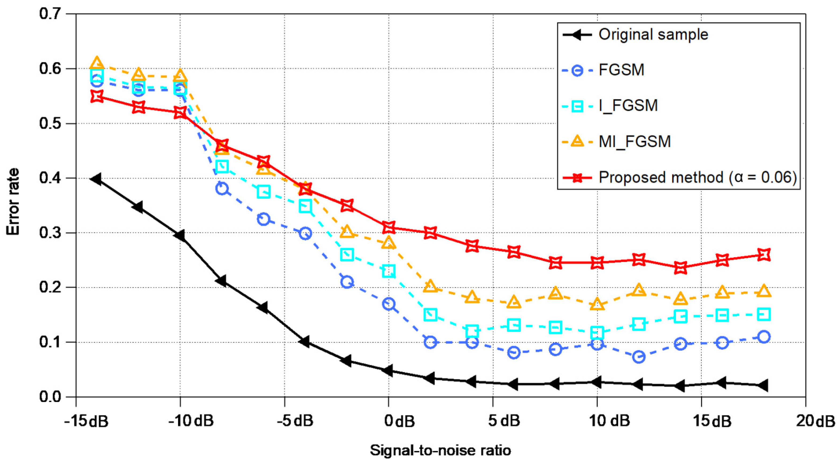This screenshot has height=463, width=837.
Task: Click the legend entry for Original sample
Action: (x=653, y=34)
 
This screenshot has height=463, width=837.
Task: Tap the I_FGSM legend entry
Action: (x=628, y=106)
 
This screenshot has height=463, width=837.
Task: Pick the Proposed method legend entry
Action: (x=697, y=178)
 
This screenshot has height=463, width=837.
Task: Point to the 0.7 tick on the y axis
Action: (x=50, y=14)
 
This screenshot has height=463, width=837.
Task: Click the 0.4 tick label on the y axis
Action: (x=50, y=178)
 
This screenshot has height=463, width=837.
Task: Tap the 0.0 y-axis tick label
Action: (x=50, y=397)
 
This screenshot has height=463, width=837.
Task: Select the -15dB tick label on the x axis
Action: (x=86, y=421)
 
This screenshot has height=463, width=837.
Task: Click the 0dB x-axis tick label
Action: (x=399, y=421)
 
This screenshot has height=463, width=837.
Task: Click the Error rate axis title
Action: (x=13, y=202)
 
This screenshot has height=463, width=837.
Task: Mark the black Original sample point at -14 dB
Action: (x=96, y=179)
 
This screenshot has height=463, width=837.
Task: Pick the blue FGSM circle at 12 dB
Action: (x=638, y=357)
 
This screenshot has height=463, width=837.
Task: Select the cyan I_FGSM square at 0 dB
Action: (x=389, y=271)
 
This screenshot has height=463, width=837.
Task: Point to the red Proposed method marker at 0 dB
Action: (x=389, y=227)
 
